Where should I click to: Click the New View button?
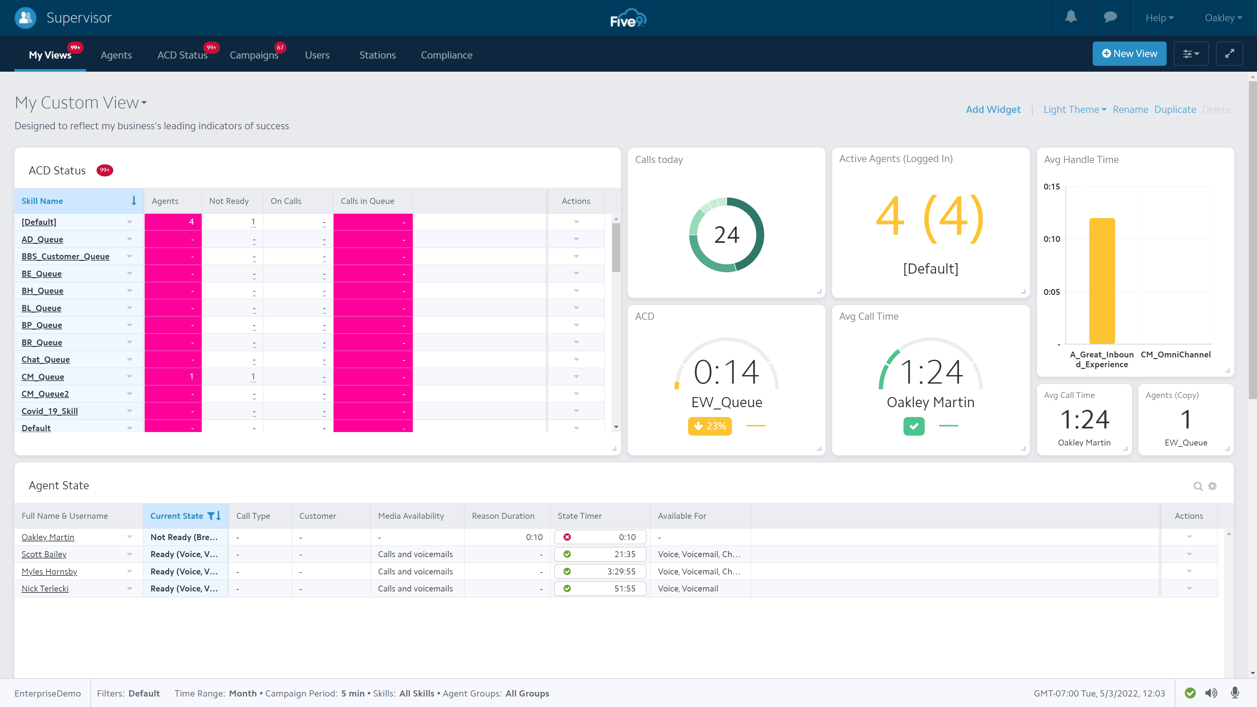[1129, 54]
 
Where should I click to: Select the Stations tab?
[377, 55]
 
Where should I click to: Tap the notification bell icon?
[1071, 18]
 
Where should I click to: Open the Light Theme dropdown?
[1074, 109]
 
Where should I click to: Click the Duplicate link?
[1175, 109]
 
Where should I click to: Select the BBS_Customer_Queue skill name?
[65, 256]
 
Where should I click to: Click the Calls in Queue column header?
[367, 201]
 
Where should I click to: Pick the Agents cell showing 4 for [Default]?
[173, 222]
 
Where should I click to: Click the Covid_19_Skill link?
[49, 411]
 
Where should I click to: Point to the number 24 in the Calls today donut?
[726, 235]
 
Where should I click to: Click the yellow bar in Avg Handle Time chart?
[1102, 281]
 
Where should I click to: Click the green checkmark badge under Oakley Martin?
[914, 426]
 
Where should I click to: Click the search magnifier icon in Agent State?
[1197, 486]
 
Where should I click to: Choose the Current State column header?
[177, 516]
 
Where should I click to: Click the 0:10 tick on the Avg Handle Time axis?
[1051, 239]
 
